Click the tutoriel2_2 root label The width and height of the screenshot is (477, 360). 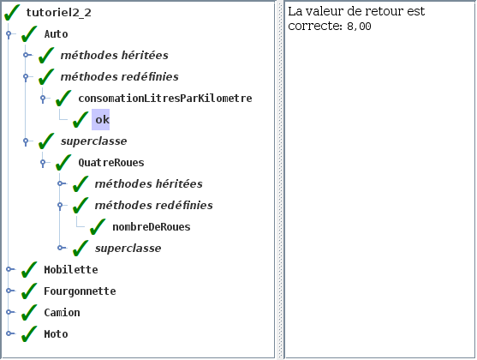point(59,13)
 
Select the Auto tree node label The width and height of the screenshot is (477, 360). point(56,34)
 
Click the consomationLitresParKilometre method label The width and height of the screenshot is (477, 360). point(165,99)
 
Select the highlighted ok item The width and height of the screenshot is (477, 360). point(101,119)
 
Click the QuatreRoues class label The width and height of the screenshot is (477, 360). point(111,163)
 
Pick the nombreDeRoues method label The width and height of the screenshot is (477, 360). point(152,227)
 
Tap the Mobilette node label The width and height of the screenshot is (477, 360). point(71,270)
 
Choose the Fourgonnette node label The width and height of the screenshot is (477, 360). point(80,291)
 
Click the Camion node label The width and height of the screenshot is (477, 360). point(62,313)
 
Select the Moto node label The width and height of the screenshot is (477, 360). point(56,334)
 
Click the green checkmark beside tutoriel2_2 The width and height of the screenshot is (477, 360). point(12,13)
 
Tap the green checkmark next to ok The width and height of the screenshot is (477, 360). point(80,119)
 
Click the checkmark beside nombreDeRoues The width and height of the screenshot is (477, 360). point(98,227)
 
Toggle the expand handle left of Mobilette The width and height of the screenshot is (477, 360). point(9,269)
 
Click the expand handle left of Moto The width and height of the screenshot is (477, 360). point(9,333)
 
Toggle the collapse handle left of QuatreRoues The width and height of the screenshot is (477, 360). point(43,162)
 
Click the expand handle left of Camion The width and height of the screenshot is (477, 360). point(9,312)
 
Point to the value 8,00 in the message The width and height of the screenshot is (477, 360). point(359,27)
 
